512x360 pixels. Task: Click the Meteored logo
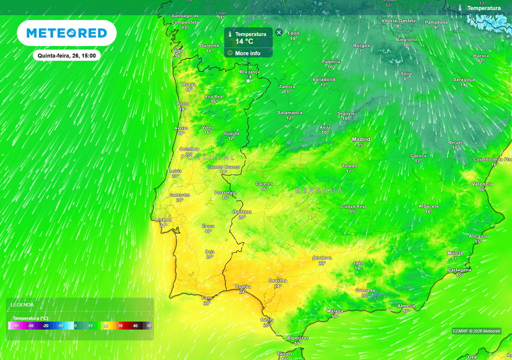point(66,33)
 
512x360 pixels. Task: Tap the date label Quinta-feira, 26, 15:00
point(66,55)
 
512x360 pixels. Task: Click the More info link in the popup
point(247,53)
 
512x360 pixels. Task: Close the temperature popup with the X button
point(279,32)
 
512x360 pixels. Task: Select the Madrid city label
point(361,139)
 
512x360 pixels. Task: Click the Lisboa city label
point(163,219)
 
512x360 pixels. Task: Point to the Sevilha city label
point(277,280)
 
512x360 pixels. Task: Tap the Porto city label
point(183,104)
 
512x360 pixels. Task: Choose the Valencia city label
point(482,184)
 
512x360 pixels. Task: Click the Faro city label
point(207,297)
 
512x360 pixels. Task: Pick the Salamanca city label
point(290,112)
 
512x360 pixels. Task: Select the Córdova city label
point(322,257)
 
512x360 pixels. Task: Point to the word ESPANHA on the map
point(319,191)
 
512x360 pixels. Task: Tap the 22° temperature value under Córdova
point(322,263)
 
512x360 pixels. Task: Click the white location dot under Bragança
point(248,80)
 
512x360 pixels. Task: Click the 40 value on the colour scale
point(135,326)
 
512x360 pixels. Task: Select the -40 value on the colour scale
point(15,326)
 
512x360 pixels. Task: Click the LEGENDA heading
point(22,304)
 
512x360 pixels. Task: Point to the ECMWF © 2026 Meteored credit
point(476,331)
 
